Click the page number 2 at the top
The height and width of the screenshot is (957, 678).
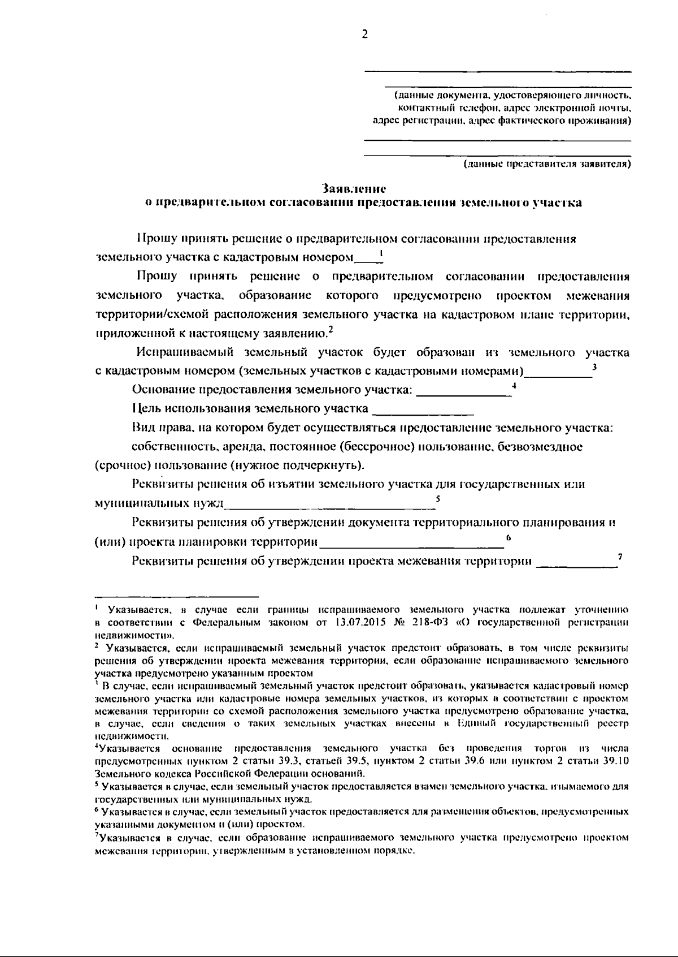click(364, 34)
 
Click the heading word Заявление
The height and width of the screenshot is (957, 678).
click(354, 187)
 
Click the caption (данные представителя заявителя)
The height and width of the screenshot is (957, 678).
click(546, 164)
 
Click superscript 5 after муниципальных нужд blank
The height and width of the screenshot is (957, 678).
click(438, 498)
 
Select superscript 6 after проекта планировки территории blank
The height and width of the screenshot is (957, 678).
click(508, 537)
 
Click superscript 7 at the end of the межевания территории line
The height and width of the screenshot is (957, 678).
click(620, 556)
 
